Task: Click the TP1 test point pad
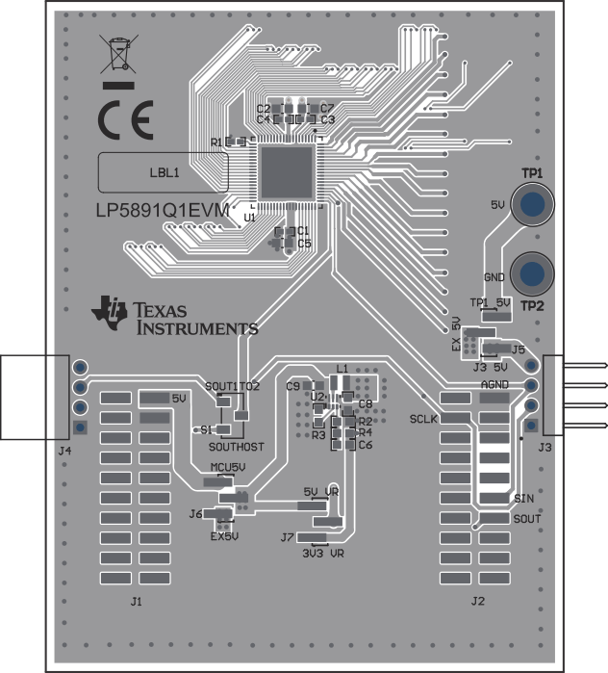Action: (x=531, y=203)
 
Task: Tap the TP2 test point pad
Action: (x=531, y=273)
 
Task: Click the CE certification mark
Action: (x=125, y=121)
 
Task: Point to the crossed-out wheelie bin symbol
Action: (x=116, y=56)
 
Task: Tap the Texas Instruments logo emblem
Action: (x=109, y=314)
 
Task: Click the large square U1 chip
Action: (x=288, y=174)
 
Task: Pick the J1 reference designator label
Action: (x=137, y=602)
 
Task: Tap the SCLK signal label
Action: (x=423, y=420)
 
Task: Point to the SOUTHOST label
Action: (x=236, y=448)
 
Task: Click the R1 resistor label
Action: (x=215, y=142)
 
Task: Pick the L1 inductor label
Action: (x=342, y=369)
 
